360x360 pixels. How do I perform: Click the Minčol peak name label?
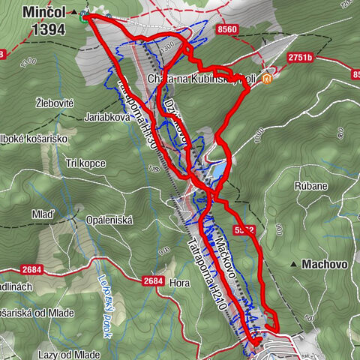pyautogui.click(x=45, y=13)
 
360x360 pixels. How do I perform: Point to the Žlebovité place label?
pyautogui.click(x=55, y=101)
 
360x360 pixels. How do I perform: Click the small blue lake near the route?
pyautogui.click(x=216, y=171)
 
